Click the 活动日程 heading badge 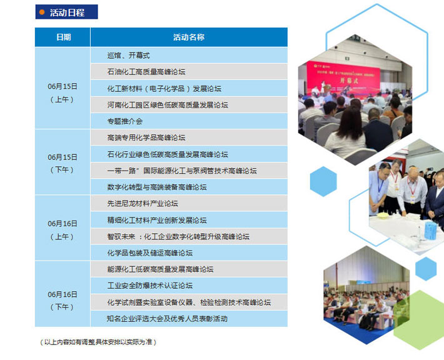coord(66,12)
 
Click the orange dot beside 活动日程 coord(42,12)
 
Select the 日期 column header coord(63,37)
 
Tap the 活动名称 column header coord(189,37)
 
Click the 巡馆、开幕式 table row coord(189,55)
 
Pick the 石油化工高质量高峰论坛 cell coord(189,72)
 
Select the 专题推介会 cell coord(189,121)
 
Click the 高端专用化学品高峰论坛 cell coord(189,137)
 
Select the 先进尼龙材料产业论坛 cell coord(189,203)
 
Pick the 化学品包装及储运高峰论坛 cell coord(189,252)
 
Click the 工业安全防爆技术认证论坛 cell coord(189,286)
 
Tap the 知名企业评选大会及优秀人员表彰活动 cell coord(189,319)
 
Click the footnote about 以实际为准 coord(98,342)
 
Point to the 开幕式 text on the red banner coord(349,81)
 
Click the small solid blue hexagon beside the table coord(323,181)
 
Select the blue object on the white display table coord(430,231)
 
